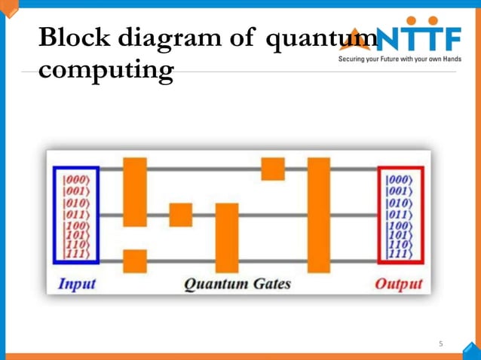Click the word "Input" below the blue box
click(77, 285)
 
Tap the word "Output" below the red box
click(399, 285)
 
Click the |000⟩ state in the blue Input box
click(76, 180)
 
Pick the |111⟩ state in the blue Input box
click(76, 254)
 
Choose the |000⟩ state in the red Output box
click(399, 180)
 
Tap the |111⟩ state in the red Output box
click(399, 254)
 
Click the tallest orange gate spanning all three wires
click(319, 215)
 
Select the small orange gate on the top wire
click(273, 169)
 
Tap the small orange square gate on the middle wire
click(181, 215)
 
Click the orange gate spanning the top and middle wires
click(135, 191)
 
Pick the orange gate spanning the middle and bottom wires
click(227, 237)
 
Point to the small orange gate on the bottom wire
click(135, 261)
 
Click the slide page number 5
click(442, 344)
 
